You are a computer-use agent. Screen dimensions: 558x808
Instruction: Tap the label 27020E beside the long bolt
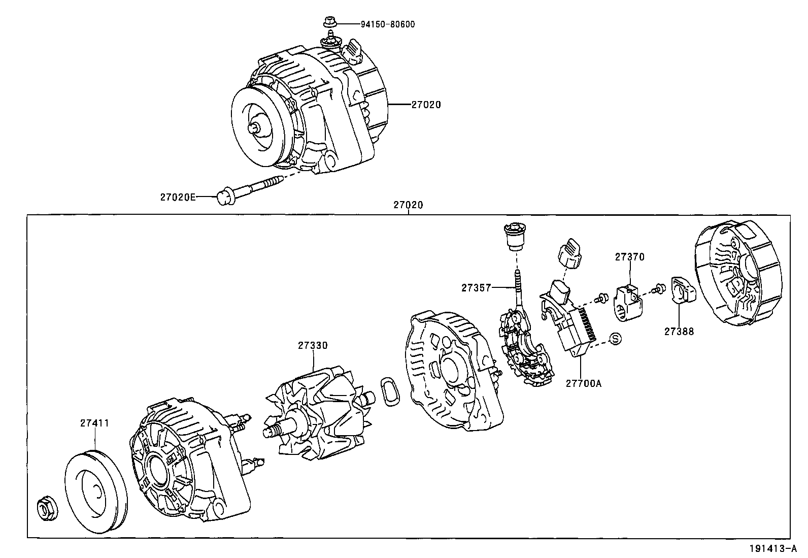(178, 197)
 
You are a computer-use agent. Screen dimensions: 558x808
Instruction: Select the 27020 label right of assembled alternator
(426, 105)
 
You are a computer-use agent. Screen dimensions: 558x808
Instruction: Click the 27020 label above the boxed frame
(408, 205)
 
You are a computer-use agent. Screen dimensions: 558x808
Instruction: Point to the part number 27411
(94, 422)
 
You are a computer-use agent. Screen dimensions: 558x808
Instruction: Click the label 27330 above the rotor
(313, 345)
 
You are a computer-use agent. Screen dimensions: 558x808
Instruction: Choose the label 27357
(476, 288)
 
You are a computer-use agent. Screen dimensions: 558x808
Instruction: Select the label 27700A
(583, 383)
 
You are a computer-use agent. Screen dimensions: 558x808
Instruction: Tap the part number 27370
(630, 257)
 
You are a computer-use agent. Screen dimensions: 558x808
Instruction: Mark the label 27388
(679, 332)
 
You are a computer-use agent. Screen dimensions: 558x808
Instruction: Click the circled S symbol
(615, 339)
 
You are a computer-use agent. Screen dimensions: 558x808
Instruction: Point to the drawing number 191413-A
(775, 548)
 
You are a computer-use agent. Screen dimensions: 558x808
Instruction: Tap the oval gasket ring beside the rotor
(389, 391)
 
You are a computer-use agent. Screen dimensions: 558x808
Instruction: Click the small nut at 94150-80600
(328, 22)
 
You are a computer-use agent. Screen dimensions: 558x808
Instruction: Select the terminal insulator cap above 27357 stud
(515, 237)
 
